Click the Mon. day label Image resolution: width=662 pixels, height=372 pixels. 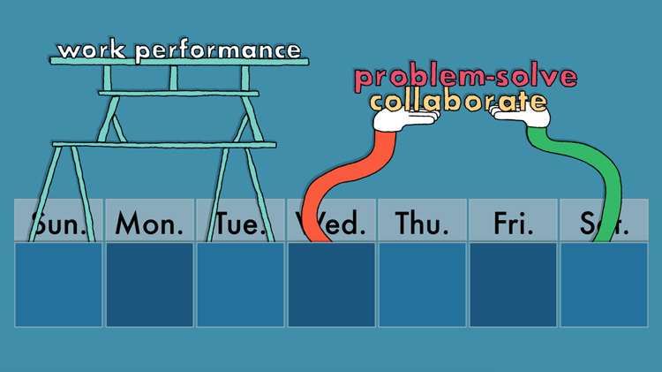[149, 224]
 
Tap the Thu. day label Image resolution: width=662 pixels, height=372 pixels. [422, 224]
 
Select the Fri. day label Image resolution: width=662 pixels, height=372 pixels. [514, 224]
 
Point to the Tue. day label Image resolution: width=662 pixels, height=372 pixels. [241, 224]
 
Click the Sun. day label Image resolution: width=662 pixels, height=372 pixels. [59, 224]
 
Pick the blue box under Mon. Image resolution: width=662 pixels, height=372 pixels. [149, 285]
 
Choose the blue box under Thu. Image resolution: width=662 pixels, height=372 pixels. [422, 285]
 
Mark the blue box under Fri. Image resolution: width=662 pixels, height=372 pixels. [513, 285]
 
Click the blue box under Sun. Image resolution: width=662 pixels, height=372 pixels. [59, 285]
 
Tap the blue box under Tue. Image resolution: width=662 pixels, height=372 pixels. [240, 285]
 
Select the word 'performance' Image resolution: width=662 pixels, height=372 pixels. [218, 50]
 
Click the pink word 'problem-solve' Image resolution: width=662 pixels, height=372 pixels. [465, 78]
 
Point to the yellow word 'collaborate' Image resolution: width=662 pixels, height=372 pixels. [457, 101]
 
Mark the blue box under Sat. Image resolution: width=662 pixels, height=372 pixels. [604, 285]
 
